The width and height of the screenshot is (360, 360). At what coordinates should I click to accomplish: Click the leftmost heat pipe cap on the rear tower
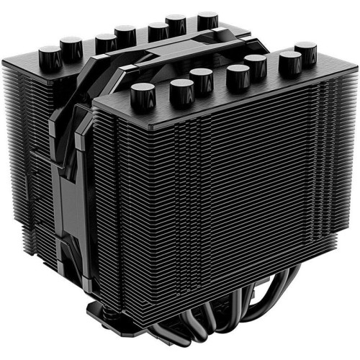(x=49, y=54)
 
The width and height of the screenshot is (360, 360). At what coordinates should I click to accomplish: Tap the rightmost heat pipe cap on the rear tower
(x=208, y=19)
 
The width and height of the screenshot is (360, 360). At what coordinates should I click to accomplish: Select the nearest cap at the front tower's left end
(x=143, y=94)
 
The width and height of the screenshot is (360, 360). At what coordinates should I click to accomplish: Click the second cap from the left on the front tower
(x=182, y=91)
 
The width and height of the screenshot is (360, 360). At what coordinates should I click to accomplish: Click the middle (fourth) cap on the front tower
(x=238, y=76)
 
